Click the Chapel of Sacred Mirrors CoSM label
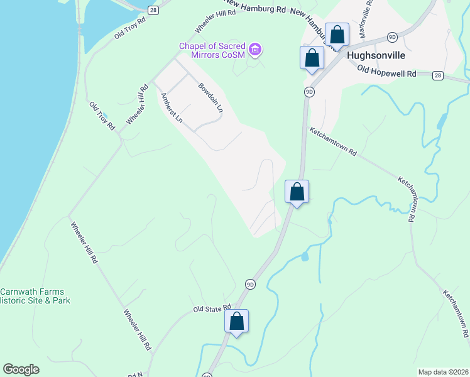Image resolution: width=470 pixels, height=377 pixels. click(x=213, y=50)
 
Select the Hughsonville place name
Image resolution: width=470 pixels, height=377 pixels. click(x=376, y=55)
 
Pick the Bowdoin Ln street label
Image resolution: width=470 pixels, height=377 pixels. click(x=211, y=97)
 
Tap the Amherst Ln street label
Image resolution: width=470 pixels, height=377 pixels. click(x=171, y=108)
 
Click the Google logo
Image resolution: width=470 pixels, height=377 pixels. click(x=21, y=369)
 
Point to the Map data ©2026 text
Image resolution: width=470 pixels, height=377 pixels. click(x=442, y=372)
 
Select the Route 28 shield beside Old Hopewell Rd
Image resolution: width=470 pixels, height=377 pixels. click(x=438, y=75)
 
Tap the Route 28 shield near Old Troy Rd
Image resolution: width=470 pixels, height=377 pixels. click(x=153, y=9)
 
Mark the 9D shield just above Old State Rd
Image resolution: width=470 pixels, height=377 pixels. click(x=251, y=284)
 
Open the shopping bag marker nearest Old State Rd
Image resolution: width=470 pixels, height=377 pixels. click(x=237, y=321)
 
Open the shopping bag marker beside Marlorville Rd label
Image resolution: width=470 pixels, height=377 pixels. click(x=337, y=35)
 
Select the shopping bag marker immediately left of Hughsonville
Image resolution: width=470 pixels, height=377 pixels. click(x=312, y=58)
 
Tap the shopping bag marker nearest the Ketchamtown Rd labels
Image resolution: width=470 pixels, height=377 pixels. click(x=297, y=192)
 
